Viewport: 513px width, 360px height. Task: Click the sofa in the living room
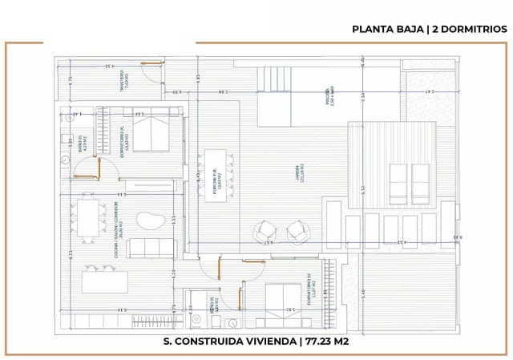click(150, 248)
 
